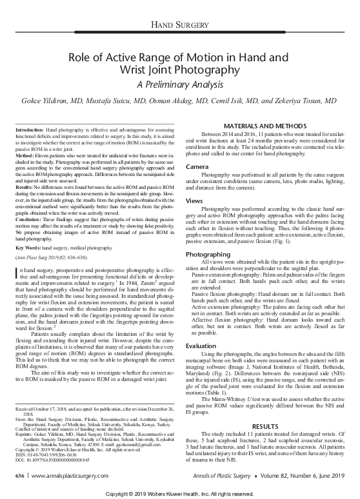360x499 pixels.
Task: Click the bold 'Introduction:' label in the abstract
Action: [x=34, y=130]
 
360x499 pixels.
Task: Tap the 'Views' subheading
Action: [x=194, y=201]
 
